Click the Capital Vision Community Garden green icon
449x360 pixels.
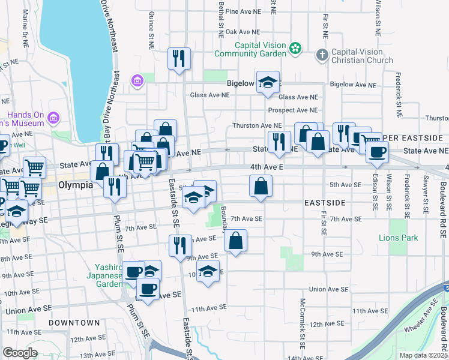[295, 47]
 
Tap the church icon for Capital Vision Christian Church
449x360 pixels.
[322, 55]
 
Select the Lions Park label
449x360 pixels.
[398, 238]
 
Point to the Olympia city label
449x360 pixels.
[76, 185]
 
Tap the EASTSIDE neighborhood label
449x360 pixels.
[324, 203]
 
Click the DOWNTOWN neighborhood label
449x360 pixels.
[74, 323]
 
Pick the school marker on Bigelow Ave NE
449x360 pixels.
[268, 82]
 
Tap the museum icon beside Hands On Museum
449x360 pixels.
[55, 117]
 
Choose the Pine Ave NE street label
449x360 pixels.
[243, 11]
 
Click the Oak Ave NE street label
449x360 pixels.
[242, 32]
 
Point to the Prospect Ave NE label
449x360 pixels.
[292, 110]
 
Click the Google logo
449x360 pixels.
[20, 353]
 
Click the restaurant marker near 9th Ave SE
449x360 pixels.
[179, 245]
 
